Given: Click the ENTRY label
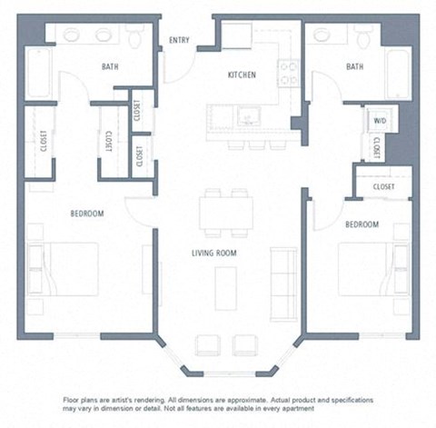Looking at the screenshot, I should (179, 39).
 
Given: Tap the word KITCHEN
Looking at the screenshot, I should (241, 75).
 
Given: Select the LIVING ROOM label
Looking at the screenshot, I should (214, 254).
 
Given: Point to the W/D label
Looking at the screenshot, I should (379, 120).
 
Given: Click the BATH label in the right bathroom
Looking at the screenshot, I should (354, 66).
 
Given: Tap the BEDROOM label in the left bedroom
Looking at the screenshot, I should (87, 214).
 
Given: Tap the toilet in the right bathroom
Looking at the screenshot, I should (364, 36).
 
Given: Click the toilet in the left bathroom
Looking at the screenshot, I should (135, 35).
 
